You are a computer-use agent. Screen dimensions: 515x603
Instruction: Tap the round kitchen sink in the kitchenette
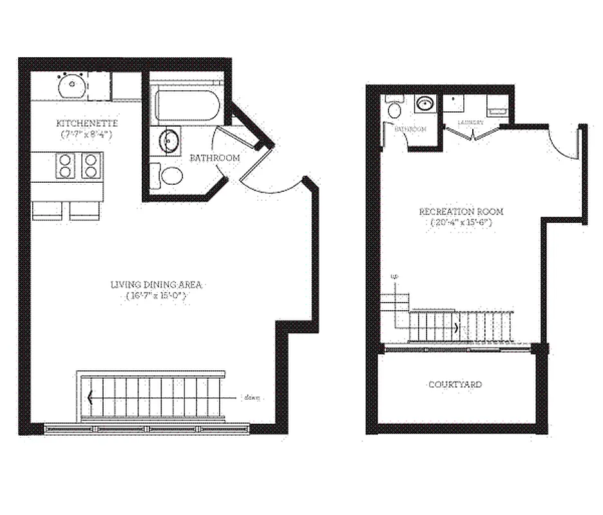[x=70, y=86]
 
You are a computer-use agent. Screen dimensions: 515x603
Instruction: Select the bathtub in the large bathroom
[x=187, y=105]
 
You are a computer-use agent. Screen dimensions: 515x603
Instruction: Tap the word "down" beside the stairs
[x=252, y=397]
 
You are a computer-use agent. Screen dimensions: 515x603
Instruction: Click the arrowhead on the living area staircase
[x=90, y=397]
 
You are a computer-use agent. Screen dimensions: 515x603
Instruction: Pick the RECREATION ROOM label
[x=461, y=212]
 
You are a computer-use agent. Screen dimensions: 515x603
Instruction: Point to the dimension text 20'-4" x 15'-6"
[x=461, y=223]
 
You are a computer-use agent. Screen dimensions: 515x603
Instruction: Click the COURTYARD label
[x=455, y=384]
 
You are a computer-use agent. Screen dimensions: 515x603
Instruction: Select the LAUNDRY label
[x=470, y=122]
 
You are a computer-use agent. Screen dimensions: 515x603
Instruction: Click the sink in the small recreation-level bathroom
[x=424, y=103]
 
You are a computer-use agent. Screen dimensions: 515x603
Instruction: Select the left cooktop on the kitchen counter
[x=66, y=165]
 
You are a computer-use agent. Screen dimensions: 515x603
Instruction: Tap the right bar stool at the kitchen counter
[x=85, y=210]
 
